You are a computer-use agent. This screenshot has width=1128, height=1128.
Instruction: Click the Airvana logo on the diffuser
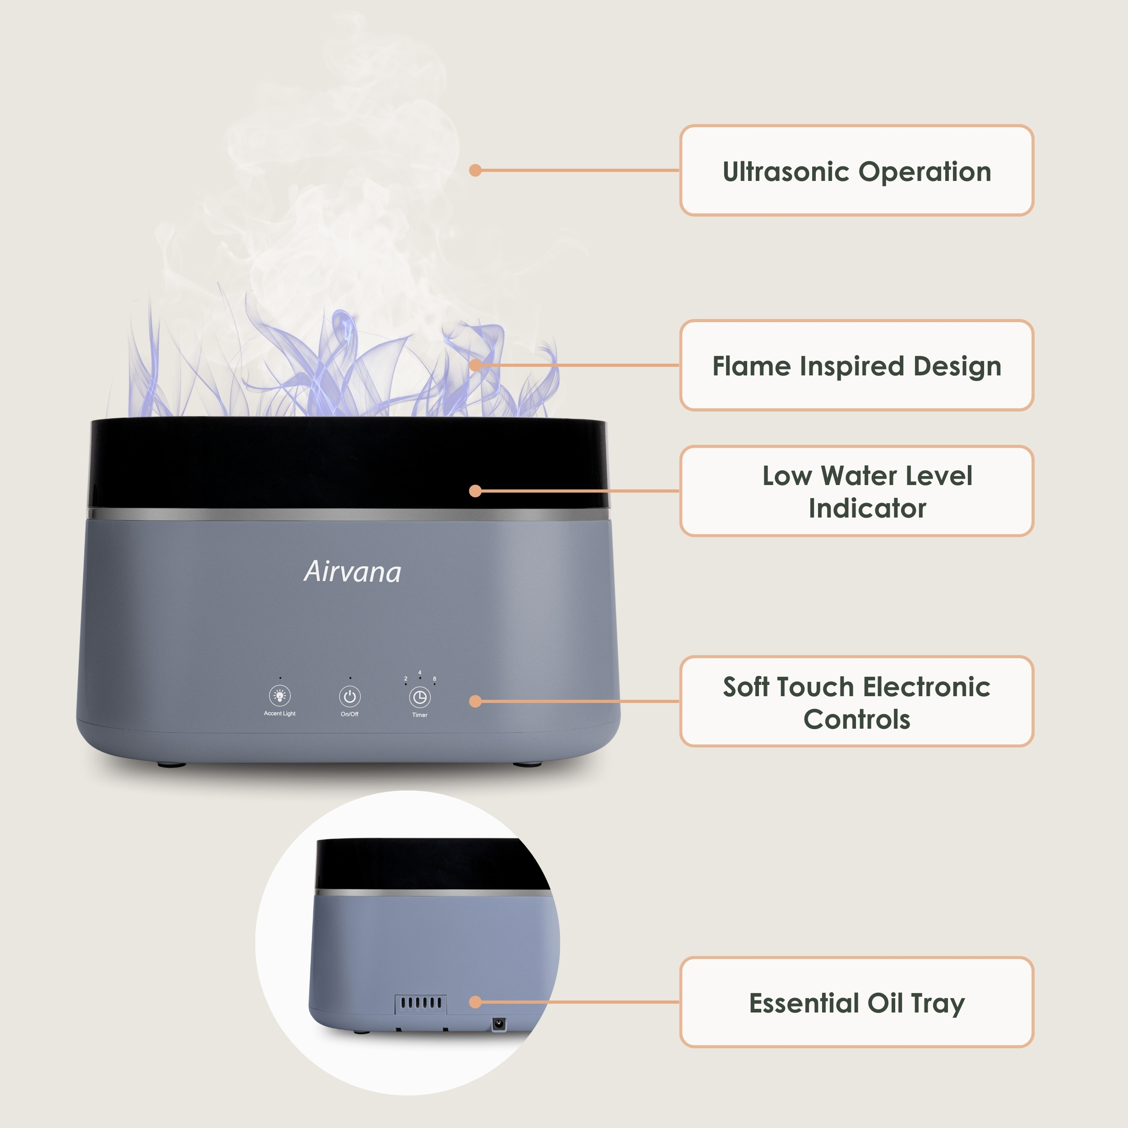click(353, 572)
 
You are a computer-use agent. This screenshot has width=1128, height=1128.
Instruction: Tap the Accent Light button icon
click(280, 696)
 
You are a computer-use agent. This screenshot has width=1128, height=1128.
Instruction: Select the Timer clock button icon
click(420, 697)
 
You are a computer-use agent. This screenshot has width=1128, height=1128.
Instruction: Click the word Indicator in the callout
click(868, 509)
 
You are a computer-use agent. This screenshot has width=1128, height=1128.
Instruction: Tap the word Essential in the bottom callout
click(804, 1003)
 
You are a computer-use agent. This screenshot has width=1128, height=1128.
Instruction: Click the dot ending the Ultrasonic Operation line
click(475, 171)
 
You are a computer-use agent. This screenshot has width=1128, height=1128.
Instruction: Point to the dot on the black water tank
click(475, 491)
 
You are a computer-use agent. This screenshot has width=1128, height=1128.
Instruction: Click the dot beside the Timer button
click(475, 701)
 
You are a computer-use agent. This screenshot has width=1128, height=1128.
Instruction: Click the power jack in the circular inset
click(499, 1024)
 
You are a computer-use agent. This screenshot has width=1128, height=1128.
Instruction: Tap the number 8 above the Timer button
click(435, 679)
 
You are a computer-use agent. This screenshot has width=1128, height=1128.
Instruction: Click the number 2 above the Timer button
click(406, 679)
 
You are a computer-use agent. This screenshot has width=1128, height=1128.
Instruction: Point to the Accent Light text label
click(280, 713)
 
